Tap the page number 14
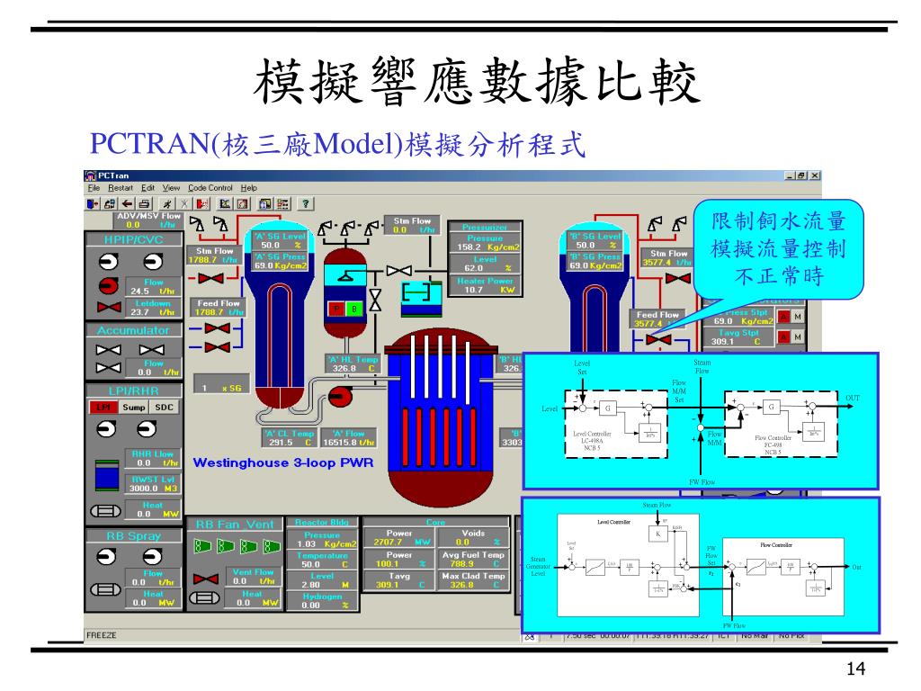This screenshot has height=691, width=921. click(855, 669)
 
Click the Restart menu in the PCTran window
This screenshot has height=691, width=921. click(121, 187)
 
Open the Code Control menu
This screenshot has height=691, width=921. click(210, 187)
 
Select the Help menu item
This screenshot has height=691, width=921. click(249, 187)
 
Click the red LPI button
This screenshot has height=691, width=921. click(103, 407)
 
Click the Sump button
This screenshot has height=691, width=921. click(133, 407)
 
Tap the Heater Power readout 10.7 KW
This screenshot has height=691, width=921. click(485, 290)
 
